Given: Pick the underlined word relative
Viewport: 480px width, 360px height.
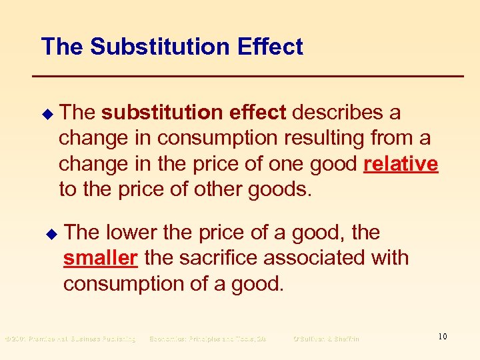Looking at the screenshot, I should (x=401, y=164).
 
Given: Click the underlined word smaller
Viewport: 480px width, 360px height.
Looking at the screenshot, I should (x=100, y=258).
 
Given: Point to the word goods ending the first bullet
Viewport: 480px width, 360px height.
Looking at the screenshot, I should (x=279, y=189).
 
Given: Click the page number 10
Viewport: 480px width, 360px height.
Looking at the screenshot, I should (x=443, y=337).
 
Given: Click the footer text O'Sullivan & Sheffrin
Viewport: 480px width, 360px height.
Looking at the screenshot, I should (x=326, y=339).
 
